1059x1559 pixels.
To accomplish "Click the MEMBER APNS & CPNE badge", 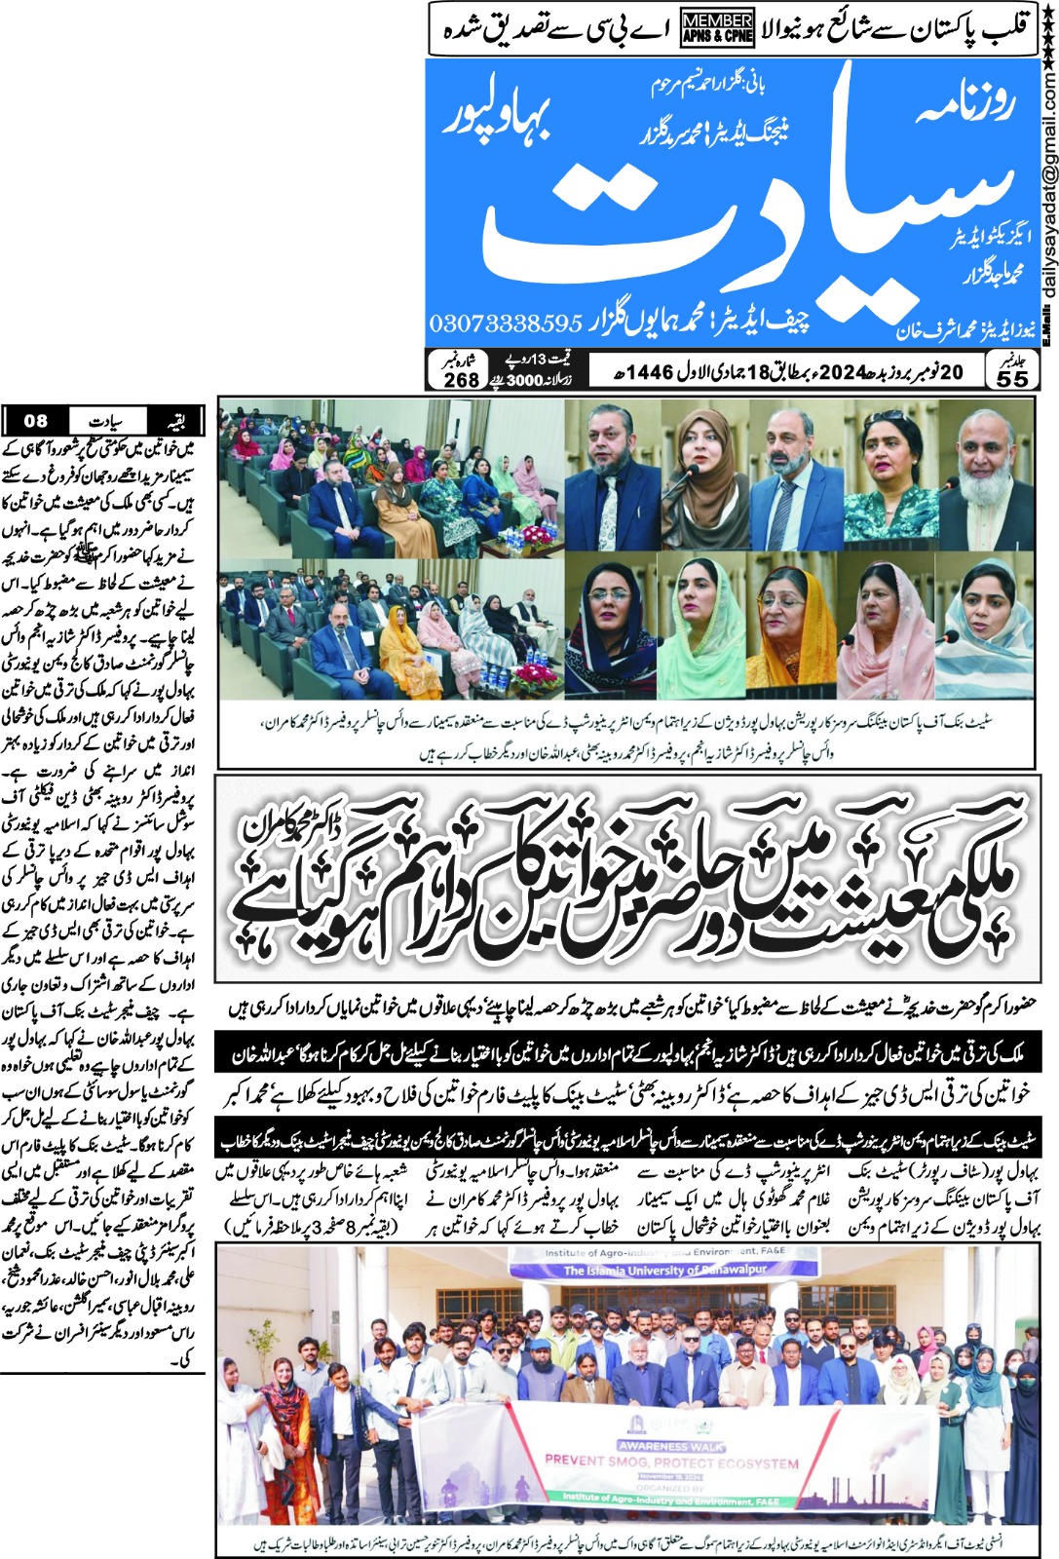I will click(x=717, y=27).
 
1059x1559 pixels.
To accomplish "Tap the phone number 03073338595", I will click(x=506, y=323).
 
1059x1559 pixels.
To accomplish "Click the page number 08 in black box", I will click(x=35, y=421).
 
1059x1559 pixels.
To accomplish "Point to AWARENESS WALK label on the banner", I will click(x=671, y=1446).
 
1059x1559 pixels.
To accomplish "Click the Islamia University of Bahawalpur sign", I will click(x=664, y=1270).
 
